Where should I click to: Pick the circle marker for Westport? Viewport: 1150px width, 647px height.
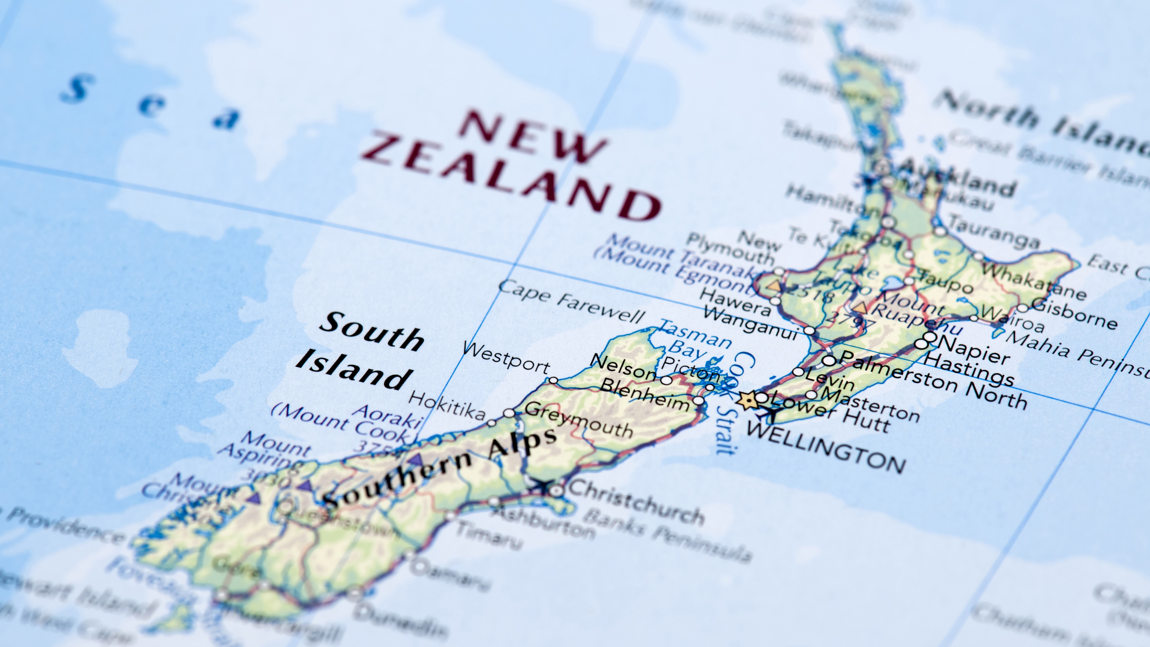(x=553, y=380)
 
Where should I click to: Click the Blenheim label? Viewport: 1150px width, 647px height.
(x=645, y=393)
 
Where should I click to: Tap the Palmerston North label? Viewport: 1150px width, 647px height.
(x=933, y=382)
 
